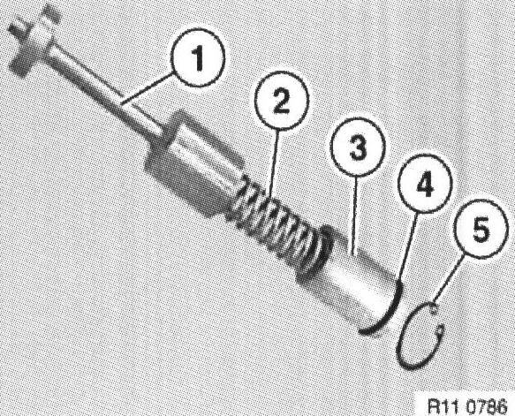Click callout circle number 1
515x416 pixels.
coord(198,57)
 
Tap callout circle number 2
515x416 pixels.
coord(281,101)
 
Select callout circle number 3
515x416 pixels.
coord(358,147)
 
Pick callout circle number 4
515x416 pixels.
coord(425,184)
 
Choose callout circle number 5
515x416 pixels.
coord(481,229)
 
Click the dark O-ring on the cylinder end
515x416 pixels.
coord(390,312)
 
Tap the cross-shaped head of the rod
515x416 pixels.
coord(31,40)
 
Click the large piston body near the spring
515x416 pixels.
coord(193,164)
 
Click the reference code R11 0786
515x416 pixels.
coord(467,407)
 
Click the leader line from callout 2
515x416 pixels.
coord(274,163)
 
